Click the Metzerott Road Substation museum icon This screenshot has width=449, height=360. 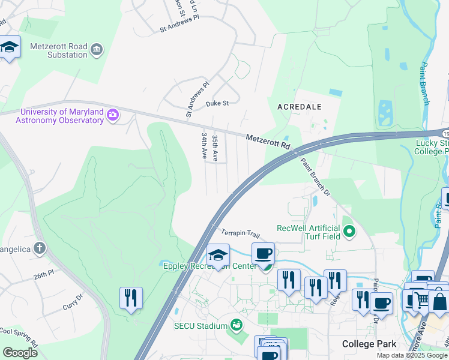(x=96, y=48)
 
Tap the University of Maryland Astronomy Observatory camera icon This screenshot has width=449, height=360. (x=112, y=115)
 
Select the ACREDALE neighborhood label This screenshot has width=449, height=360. (x=300, y=106)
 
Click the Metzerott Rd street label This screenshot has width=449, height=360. (x=268, y=142)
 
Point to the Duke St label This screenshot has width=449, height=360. (x=217, y=103)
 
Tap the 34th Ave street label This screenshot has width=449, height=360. (x=205, y=146)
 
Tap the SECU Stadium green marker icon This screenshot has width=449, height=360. (x=237, y=325)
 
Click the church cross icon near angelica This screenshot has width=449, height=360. (x=40, y=248)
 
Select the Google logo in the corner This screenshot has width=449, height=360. (x=20, y=353)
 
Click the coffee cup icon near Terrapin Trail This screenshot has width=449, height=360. (x=263, y=254)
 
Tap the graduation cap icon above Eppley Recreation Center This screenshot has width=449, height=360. (x=218, y=255)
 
